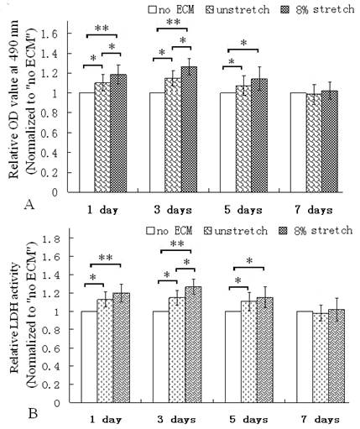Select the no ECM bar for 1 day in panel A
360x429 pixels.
86,142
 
